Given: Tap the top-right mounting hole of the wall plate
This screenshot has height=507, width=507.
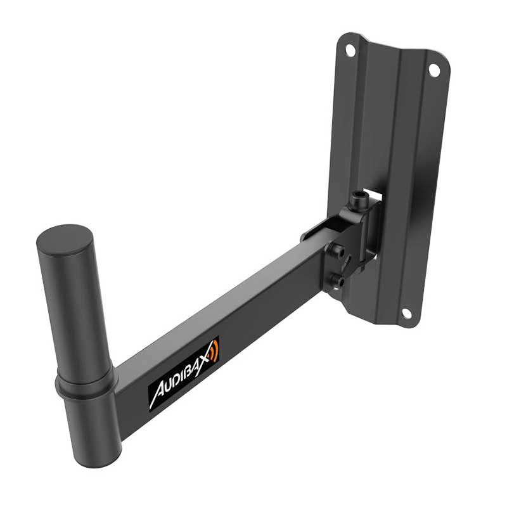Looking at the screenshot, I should point(434,70).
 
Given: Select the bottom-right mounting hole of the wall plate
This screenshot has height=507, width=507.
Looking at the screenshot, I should point(406,313).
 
